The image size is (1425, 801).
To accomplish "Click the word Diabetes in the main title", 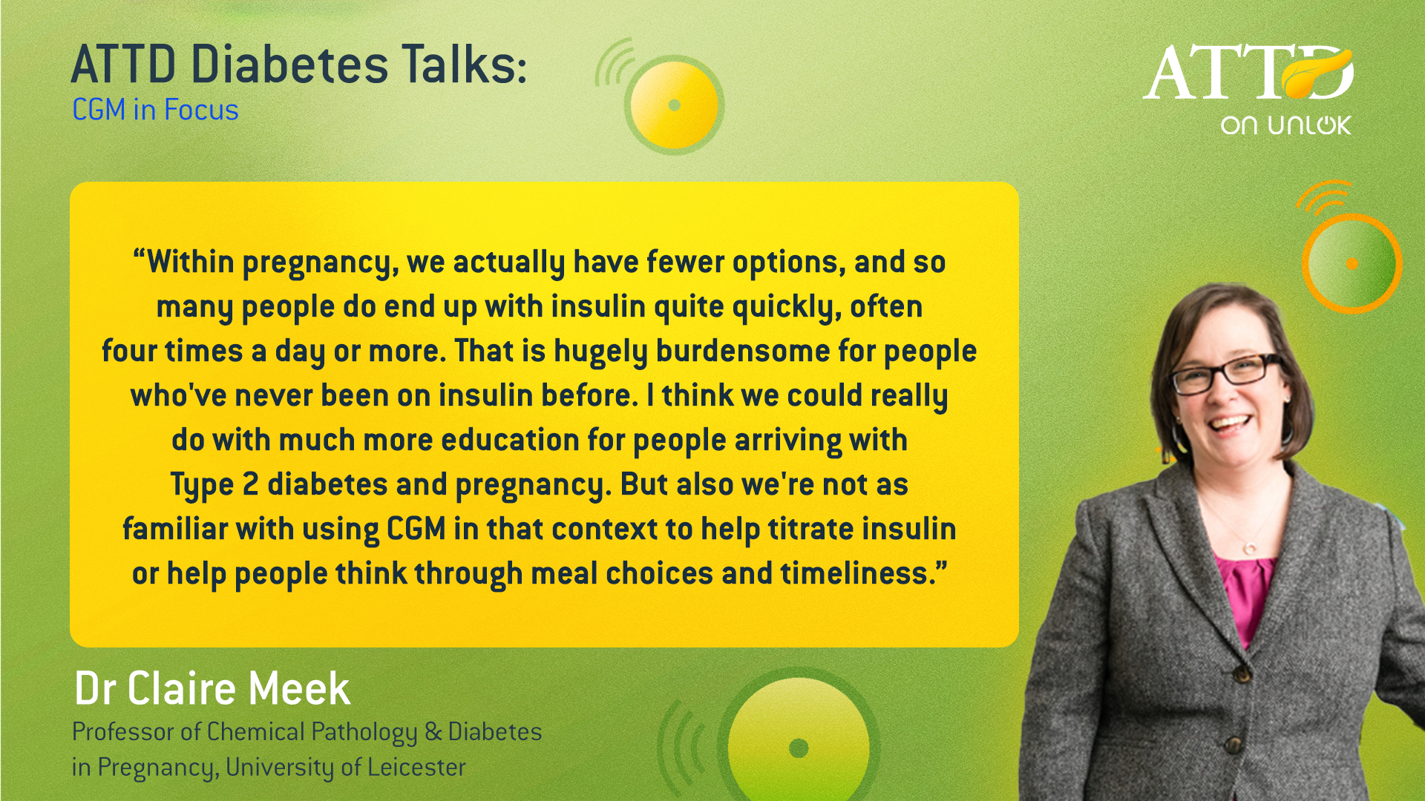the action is click(x=289, y=65).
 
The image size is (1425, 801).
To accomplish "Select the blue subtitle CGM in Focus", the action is click(x=155, y=110).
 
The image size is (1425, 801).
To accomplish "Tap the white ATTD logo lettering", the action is click(x=1248, y=72).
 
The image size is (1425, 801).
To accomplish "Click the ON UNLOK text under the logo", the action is click(x=1286, y=125).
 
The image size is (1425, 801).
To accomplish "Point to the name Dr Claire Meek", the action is click(x=212, y=688).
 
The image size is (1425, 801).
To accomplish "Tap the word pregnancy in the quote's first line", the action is click(x=321, y=263).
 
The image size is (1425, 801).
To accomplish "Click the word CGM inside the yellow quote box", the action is click(x=416, y=530).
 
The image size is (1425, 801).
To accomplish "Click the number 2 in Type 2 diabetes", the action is click(x=251, y=484).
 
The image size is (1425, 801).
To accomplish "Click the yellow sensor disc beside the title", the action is click(x=675, y=105).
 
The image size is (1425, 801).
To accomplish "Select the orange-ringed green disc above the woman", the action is click(x=1352, y=263).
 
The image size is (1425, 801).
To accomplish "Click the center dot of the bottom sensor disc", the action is click(x=799, y=748).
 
